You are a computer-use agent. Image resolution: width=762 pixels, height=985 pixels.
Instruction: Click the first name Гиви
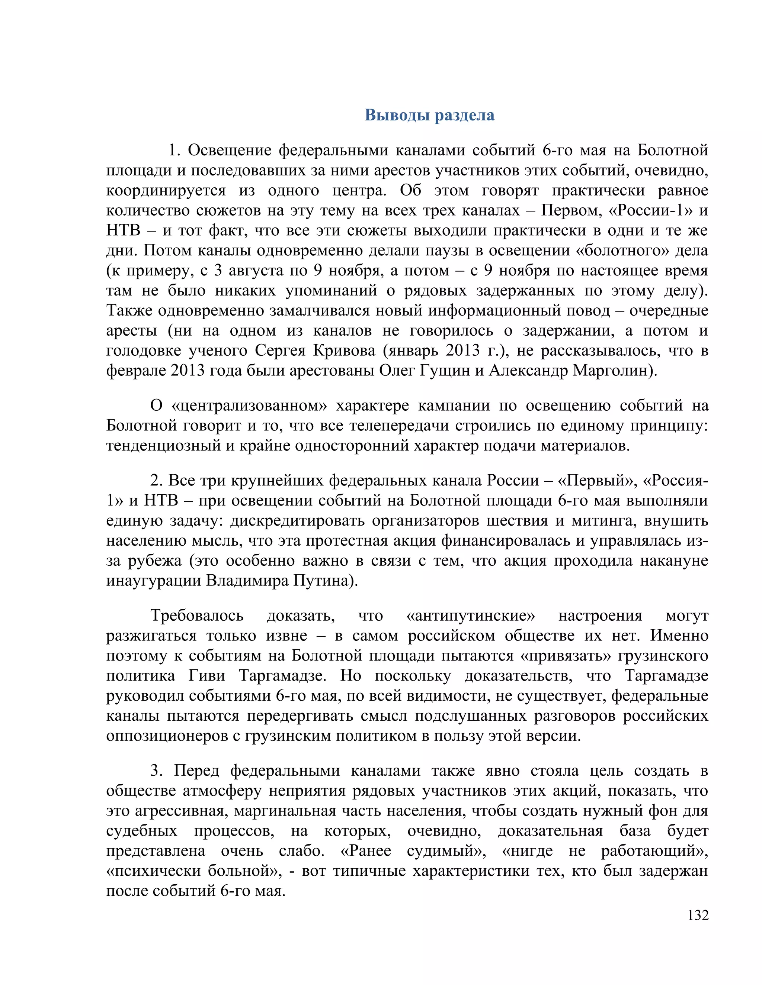pyautogui.click(x=207, y=676)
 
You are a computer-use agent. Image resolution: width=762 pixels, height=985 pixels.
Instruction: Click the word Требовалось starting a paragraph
pyautogui.click(x=197, y=616)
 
